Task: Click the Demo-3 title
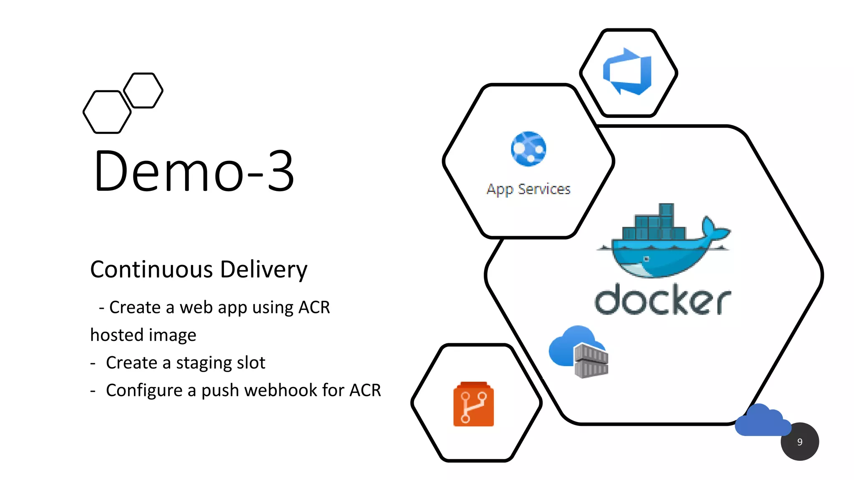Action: point(194,171)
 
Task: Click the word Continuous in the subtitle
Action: point(152,269)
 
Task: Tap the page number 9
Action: point(799,442)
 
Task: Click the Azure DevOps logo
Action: point(628,72)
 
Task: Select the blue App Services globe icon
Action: point(528,149)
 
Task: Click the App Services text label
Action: point(528,190)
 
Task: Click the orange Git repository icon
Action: point(473,404)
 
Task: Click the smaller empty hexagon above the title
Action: point(143,90)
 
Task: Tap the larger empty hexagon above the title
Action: point(107,112)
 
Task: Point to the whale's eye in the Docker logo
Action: point(646,259)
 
